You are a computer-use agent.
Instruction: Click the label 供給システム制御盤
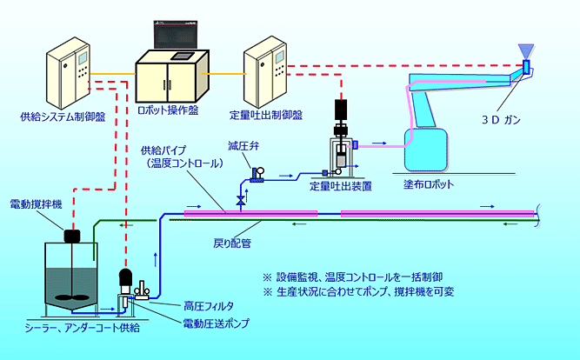[x=63, y=115]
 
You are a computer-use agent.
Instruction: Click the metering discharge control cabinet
[x=266, y=72]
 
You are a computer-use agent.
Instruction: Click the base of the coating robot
[x=426, y=150]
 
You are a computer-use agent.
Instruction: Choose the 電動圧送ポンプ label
[x=216, y=323]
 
